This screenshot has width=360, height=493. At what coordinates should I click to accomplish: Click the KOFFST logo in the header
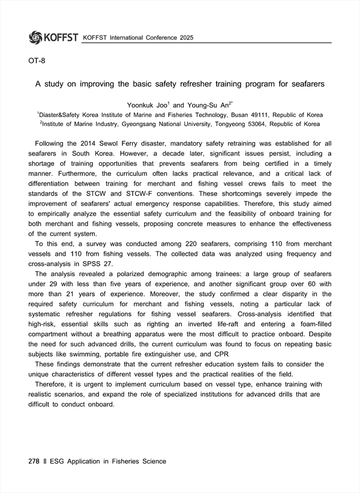pyautogui.click(x=53, y=37)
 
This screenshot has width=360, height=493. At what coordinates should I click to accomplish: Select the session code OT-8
pyautogui.click(x=37, y=61)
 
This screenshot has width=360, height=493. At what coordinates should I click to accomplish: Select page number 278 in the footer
pyautogui.click(x=34, y=461)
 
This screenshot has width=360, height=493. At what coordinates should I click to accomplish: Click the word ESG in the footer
pyautogui.click(x=57, y=461)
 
